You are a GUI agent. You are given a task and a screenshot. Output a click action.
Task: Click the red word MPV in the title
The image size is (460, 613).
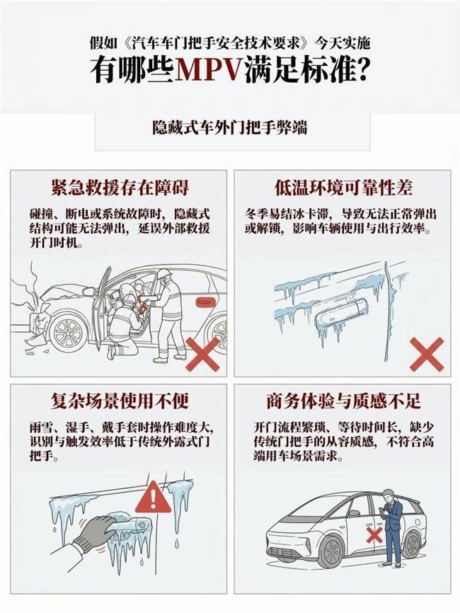tap(209, 70)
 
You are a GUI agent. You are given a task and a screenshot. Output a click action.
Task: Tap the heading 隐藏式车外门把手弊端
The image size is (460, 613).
tap(230, 128)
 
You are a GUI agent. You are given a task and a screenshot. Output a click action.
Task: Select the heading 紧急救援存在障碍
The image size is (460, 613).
tap(120, 188)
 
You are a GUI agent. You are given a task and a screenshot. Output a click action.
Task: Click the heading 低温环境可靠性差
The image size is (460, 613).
tap(343, 188)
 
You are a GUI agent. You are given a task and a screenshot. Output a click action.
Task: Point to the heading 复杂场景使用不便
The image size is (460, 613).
tap(120, 401)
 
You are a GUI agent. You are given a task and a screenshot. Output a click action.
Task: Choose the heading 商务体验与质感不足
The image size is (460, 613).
tap(343, 401)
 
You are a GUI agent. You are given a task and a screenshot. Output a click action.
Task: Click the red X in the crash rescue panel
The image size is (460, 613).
tap(202, 354)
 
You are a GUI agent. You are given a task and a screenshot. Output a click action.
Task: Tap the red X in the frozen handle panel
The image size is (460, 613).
tap(427, 354)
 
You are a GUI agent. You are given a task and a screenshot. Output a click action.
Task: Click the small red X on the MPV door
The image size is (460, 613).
tap(374, 535)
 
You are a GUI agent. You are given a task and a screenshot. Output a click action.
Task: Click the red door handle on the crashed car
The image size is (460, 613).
tap(205, 302)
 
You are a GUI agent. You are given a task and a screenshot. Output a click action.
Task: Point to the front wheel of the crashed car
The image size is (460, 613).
tap(69, 333)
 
